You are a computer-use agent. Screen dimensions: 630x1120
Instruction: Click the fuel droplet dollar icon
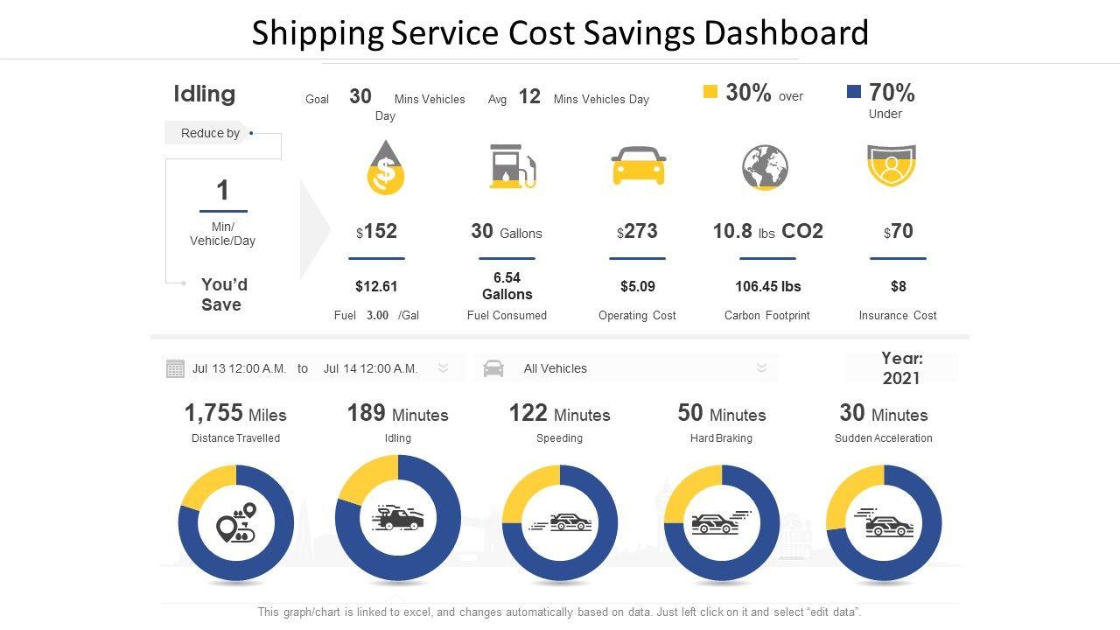pos(386,168)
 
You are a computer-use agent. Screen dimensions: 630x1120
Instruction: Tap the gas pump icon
pos(513,167)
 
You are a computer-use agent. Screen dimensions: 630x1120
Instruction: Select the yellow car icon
pos(638,165)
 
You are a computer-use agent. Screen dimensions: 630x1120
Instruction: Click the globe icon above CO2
pos(765,167)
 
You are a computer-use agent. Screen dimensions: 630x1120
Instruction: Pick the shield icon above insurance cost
pos(891,166)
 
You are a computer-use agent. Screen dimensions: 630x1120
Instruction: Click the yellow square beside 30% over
pos(710,92)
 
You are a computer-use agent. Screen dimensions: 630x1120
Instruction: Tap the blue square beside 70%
pos(854,92)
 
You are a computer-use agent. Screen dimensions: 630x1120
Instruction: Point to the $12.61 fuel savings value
pos(376,286)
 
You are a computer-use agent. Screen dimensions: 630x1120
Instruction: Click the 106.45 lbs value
pos(767,286)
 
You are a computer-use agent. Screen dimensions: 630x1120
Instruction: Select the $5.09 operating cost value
pos(637,286)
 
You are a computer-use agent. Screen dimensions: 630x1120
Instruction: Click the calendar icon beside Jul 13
pos(175,368)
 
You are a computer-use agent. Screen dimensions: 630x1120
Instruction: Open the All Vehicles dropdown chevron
pos(761,368)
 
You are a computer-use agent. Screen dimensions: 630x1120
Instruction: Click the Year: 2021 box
pos(901,368)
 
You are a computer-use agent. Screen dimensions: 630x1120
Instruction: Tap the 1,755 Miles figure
pos(235,414)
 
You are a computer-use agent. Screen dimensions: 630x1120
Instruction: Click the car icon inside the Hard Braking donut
pos(715,523)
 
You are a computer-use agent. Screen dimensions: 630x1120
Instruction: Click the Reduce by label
pos(210,133)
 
